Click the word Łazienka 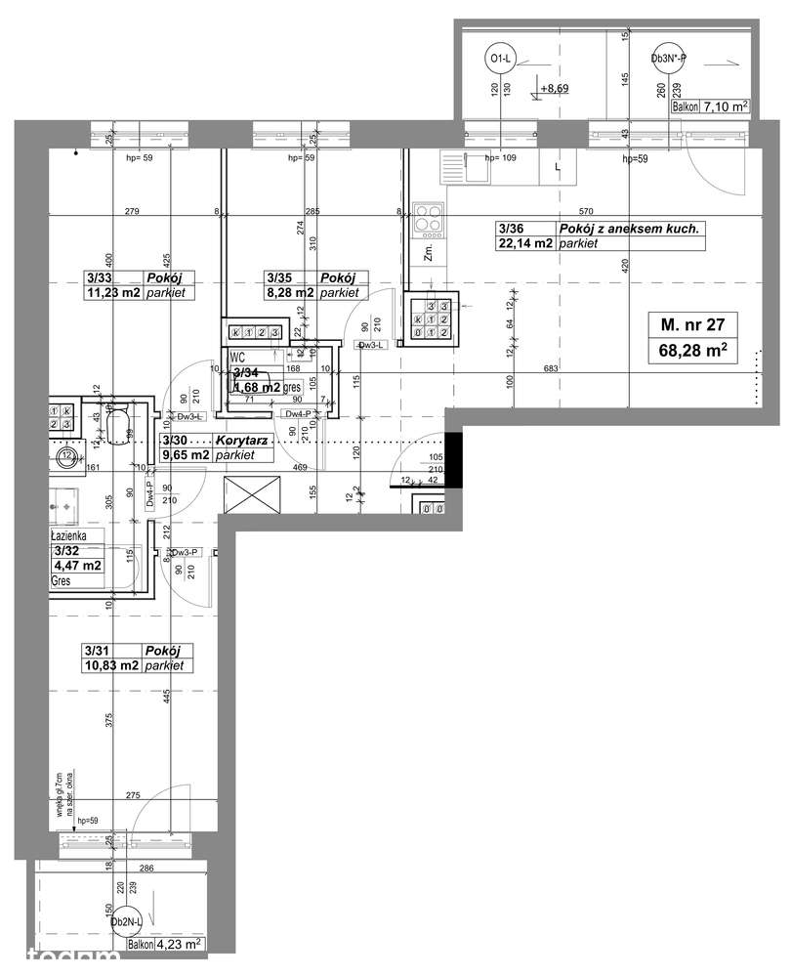click(x=70, y=536)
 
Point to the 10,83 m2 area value click(x=110, y=665)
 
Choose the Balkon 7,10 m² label click(x=710, y=106)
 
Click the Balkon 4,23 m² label click(x=164, y=944)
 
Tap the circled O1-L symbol click(x=499, y=61)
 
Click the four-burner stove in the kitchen click(x=428, y=219)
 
